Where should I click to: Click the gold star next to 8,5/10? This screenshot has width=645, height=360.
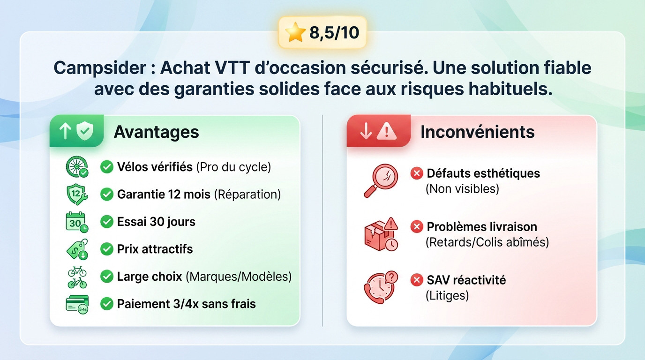click(295, 33)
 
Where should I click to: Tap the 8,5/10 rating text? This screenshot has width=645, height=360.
click(334, 33)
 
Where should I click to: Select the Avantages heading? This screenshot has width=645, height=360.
click(156, 132)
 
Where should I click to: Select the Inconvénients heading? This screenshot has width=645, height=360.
click(477, 132)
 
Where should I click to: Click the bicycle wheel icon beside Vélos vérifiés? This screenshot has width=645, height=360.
click(77, 167)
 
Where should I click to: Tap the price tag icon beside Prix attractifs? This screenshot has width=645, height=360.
click(77, 249)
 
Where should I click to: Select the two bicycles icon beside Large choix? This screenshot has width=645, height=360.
click(77, 277)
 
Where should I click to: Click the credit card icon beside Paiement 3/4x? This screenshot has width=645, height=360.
click(77, 304)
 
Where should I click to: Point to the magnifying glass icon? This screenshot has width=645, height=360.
click(381, 180)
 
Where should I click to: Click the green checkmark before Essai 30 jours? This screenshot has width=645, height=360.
click(107, 222)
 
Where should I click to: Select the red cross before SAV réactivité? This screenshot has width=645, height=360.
click(416, 280)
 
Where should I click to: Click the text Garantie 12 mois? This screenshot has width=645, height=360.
click(164, 195)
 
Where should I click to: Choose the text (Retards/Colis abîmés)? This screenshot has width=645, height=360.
click(487, 242)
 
